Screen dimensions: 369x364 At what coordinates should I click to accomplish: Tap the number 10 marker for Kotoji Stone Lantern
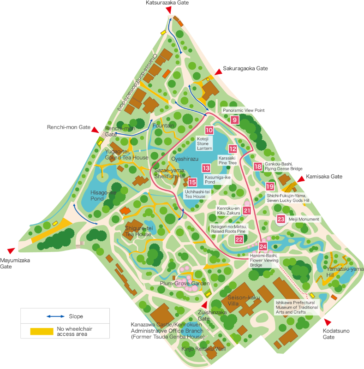[209, 131]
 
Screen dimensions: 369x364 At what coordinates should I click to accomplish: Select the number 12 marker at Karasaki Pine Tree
[233, 149]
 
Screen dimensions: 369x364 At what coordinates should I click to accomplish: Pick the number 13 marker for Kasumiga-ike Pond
[206, 168]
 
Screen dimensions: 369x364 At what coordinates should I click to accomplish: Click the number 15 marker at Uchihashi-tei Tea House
[192, 182]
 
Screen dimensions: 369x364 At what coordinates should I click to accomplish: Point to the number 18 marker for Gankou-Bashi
[257, 167]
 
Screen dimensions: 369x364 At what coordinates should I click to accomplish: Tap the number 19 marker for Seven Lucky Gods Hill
[270, 186]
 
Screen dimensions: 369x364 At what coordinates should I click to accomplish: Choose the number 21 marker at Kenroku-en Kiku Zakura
[247, 210]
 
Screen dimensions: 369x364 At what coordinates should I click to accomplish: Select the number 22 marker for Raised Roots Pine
[239, 239]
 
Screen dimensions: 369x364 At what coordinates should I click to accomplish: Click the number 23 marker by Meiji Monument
[280, 219]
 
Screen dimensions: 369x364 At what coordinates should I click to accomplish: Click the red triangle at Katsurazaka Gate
[169, 10]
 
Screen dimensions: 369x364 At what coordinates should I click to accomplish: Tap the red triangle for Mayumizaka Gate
[11, 250]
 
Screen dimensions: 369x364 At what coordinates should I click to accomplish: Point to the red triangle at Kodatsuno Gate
[328, 321]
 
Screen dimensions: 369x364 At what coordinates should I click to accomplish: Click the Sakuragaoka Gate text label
[245, 68]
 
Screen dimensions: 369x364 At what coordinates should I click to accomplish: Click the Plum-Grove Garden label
[185, 283]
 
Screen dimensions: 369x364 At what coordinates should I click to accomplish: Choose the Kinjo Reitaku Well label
[203, 349]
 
